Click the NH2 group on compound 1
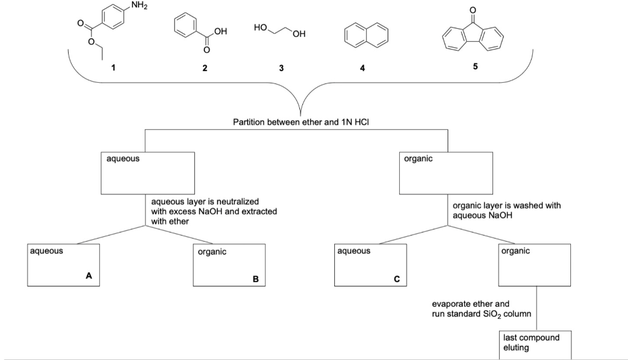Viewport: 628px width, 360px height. click(139, 6)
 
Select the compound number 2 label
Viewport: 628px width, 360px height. click(205, 68)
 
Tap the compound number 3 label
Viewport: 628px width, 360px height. click(281, 68)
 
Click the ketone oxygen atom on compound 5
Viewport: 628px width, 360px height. click(473, 9)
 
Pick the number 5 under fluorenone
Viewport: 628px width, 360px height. click(475, 66)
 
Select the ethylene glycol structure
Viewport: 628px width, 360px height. click(280, 31)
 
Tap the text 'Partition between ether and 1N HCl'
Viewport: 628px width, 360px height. click(301, 122)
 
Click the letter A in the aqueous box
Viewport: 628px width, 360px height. click(88, 275)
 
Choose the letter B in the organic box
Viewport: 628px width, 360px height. click(256, 279)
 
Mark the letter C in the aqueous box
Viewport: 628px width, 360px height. click(397, 279)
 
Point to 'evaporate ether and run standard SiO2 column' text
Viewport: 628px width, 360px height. click(481, 308)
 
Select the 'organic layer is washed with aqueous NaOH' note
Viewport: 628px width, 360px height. click(507, 210)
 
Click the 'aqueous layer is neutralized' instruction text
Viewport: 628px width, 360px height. click(214, 212)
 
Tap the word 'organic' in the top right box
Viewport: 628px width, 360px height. click(418, 159)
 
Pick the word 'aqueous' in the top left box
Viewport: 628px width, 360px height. click(123, 159)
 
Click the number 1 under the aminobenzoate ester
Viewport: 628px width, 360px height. click(113, 67)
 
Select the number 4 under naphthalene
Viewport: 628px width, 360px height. click(362, 68)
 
